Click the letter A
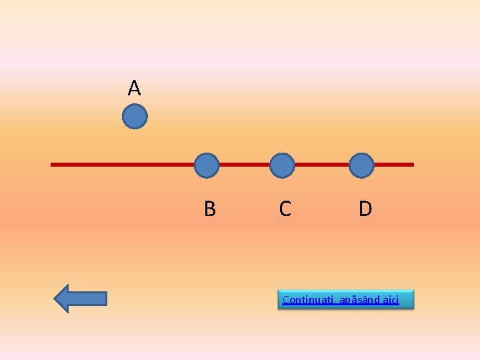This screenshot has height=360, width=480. (135, 87)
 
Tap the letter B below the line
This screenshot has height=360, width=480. (209, 209)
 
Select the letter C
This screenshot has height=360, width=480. (285, 209)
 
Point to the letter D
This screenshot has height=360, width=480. (365, 209)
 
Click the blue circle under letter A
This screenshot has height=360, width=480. (135, 117)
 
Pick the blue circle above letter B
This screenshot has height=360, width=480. (207, 165)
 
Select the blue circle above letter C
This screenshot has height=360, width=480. (283, 165)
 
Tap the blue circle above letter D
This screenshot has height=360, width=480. (361, 165)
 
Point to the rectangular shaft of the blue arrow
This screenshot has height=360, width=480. (89, 299)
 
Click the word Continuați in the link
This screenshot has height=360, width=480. (307, 299)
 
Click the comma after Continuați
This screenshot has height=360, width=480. (335, 302)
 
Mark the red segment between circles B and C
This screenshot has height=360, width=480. (245, 164)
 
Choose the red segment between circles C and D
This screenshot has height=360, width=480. (322, 164)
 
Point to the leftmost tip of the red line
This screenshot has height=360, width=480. (53, 164)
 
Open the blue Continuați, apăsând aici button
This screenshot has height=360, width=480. (345, 299)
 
